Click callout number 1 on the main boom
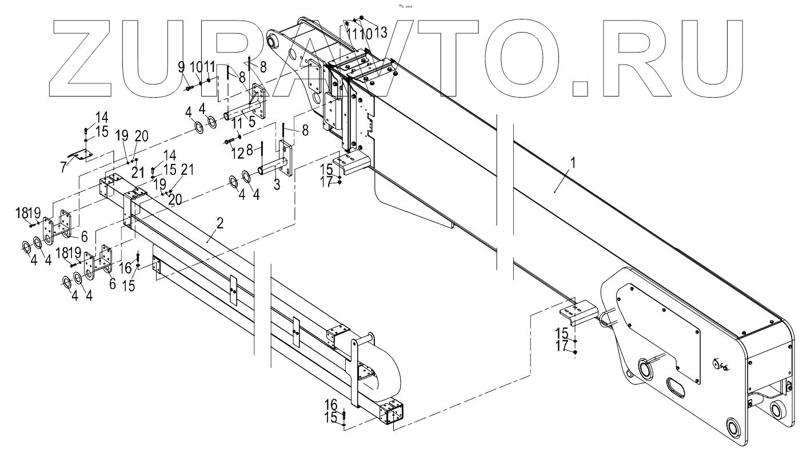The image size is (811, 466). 573,163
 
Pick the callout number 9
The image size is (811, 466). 181,67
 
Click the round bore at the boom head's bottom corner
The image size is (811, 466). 732,427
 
